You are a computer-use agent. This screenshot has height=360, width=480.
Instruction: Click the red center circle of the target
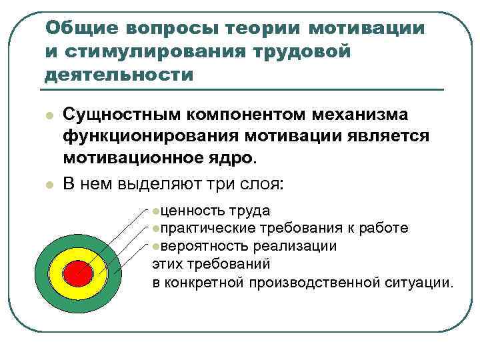tap(77, 272)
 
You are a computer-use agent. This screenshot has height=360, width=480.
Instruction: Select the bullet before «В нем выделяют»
tap(48, 184)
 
